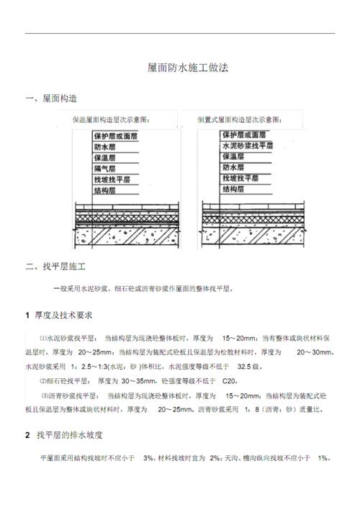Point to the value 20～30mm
pyautogui.click(x=313, y=352)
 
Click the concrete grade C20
pyautogui.click(x=230, y=380)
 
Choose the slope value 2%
pyautogui.click(x=215, y=457)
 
